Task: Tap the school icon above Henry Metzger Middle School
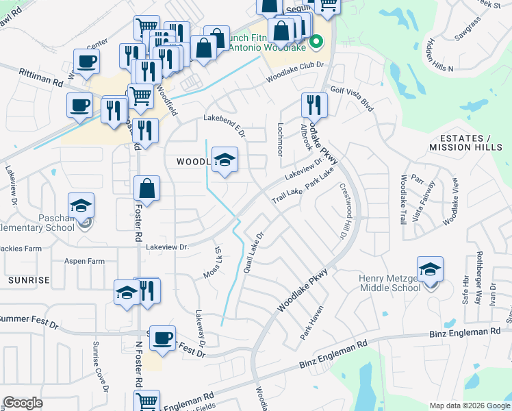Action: coord(430,269)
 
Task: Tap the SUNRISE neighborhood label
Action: coord(29,280)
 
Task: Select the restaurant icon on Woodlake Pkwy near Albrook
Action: coord(314,105)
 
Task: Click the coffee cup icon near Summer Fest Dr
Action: coord(162,338)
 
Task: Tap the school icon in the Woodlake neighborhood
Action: coord(225,160)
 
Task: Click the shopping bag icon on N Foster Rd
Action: coord(146,187)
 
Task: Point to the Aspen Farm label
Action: coord(84,262)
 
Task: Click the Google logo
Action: coord(23,403)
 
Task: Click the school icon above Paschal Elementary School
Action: coord(81,206)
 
